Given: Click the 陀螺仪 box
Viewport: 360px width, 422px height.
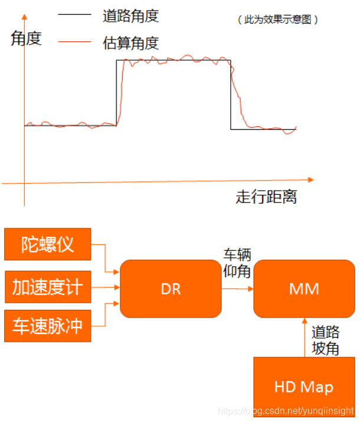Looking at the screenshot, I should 48,244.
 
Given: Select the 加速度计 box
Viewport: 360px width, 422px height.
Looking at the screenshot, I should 48,288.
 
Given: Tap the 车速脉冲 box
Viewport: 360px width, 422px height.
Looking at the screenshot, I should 48,326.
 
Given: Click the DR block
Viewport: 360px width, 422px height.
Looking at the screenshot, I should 171,289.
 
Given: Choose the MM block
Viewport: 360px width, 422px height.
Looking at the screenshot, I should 304,289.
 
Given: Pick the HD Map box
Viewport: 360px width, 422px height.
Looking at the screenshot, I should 304,387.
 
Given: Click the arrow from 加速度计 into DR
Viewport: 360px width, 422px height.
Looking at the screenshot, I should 106,288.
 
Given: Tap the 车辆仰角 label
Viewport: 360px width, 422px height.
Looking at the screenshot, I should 237,263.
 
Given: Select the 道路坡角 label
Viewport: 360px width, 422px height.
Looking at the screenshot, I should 325,340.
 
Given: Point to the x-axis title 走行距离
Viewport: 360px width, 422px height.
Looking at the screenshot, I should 266,197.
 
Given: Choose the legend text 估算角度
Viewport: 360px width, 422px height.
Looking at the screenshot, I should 130,42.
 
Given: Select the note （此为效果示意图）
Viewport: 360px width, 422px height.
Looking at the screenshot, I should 277,19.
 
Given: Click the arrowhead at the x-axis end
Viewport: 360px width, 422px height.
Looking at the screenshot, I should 311,179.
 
